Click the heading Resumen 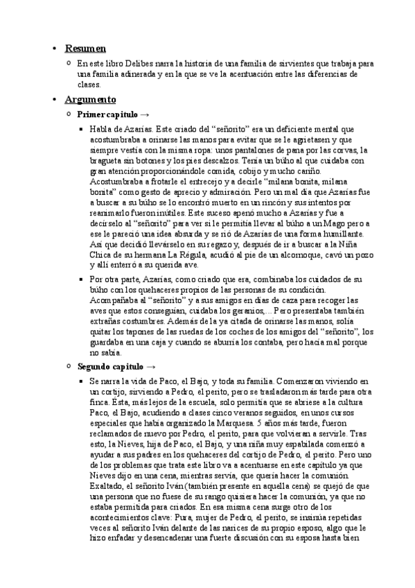click(x=85, y=49)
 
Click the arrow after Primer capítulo click(x=144, y=114)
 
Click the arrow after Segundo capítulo click(x=151, y=366)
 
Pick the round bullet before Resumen click(x=54, y=49)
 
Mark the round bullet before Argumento click(x=54, y=100)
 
